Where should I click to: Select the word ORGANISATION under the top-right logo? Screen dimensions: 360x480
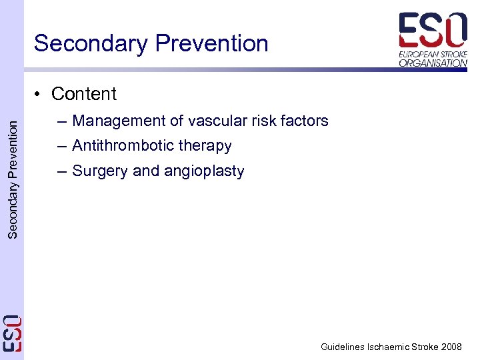[433, 63]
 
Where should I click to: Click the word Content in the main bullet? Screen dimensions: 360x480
[84, 94]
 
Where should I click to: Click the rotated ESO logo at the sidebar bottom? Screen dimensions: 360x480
[12, 333]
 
